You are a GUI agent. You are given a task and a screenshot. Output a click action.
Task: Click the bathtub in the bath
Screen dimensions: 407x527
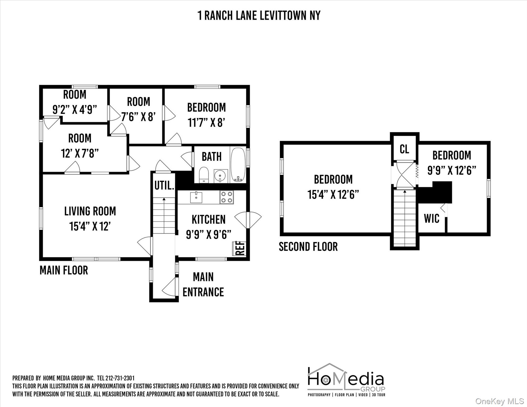(238, 165)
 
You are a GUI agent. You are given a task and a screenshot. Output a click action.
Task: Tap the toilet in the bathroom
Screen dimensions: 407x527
(204, 175)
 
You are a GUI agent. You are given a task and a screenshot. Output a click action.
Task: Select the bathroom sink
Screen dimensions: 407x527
(220, 176)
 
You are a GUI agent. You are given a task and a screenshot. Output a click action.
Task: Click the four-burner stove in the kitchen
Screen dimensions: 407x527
(227, 197)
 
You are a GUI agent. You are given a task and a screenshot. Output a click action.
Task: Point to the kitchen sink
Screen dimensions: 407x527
(196, 197)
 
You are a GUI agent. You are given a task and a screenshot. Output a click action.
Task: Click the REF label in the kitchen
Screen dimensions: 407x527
(239, 248)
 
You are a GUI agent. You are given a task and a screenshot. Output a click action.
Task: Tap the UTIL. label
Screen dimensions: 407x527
(164, 185)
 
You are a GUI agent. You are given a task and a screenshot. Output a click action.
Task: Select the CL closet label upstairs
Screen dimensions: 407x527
(404, 149)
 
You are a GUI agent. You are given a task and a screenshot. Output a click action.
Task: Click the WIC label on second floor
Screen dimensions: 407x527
(432, 219)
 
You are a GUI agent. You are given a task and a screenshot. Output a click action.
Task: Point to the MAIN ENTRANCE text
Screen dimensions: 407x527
(203, 285)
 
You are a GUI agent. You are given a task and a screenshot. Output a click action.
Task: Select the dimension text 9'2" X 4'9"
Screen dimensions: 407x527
(75, 109)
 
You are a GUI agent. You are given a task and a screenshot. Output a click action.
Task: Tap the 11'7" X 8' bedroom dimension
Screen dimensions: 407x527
(206, 123)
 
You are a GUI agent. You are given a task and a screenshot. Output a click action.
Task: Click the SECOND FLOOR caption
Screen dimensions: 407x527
(308, 247)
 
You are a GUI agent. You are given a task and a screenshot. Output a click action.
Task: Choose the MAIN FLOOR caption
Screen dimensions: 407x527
(64, 270)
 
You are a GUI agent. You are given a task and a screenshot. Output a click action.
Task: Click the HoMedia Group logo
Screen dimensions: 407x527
(346, 380)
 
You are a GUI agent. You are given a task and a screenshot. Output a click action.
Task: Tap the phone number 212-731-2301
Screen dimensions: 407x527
(120, 378)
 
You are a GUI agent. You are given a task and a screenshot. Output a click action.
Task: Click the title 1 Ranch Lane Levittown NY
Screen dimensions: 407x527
(259, 15)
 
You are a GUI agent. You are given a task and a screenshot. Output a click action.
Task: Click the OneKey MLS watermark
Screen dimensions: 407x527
(499, 401)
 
